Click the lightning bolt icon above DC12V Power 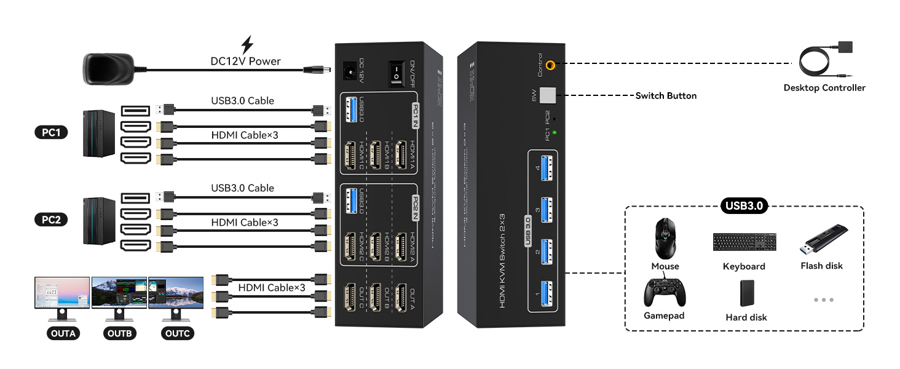click(247, 45)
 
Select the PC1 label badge click(51, 132)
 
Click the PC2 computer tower click(98, 220)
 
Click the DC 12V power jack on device click(349, 71)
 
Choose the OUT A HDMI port click(403, 298)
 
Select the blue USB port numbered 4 click(545, 169)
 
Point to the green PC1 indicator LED click(555, 132)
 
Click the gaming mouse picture click(666, 239)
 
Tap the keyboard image click(744, 242)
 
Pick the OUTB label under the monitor click(119, 335)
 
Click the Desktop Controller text click(824, 88)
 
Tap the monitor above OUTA click(62, 293)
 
